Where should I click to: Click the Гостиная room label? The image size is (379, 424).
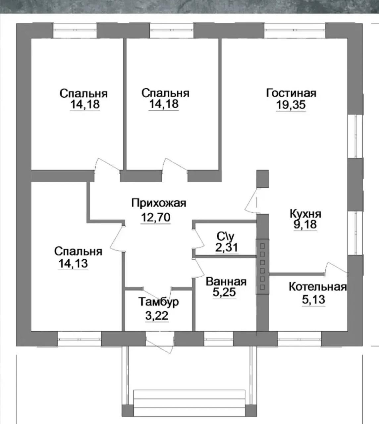point(291,93)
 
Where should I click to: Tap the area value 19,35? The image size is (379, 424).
point(291,105)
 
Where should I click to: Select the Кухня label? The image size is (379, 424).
point(305,214)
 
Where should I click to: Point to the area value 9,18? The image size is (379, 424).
point(305,225)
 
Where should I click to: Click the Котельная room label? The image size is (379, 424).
point(318,287)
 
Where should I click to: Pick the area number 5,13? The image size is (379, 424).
point(313,299)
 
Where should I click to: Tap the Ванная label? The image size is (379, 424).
point(226,282)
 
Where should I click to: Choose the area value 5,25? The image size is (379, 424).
point(224,292)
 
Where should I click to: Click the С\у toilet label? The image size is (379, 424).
point(225,237)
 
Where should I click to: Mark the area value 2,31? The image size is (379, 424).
point(227,247)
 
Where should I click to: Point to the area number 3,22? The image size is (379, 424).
point(157,316)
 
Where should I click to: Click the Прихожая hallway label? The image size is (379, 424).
point(159,203)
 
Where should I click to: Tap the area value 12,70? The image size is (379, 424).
point(155,217)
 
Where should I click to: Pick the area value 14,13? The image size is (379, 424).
point(73,263)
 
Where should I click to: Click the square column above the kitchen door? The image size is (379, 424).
point(263,179)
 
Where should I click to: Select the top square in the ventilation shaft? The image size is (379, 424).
point(262,246)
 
